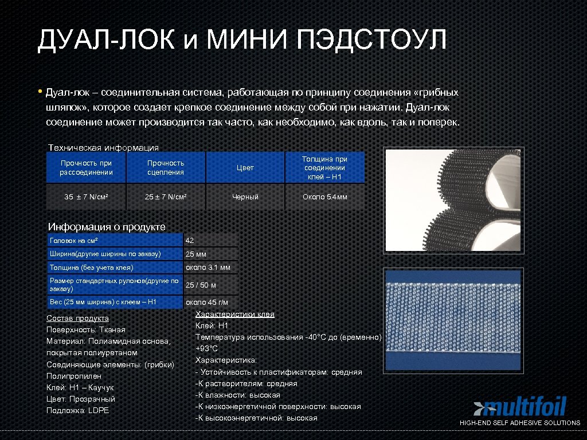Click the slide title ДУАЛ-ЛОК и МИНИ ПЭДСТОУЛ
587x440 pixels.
[x=241, y=40]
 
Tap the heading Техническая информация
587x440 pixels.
[x=103, y=147]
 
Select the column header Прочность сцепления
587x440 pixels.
[x=166, y=168]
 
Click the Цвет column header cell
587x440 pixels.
[x=245, y=168]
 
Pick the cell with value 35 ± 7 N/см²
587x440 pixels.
[x=87, y=197]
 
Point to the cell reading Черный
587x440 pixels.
[x=245, y=197]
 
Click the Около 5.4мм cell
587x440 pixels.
[x=325, y=197]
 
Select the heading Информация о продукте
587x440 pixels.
[x=107, y=227]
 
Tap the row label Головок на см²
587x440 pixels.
[x=75, y=240]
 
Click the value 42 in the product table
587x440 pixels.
[x=190, y=240]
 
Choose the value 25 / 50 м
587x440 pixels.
[x=201, y=285]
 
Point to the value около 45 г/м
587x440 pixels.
[x=206, y=302]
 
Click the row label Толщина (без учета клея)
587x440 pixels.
[x=92, y=268]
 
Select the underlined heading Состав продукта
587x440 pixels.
[x=77, y=318]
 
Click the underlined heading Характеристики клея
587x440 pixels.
[x=235, y=315]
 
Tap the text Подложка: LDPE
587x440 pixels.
[x=77, y=410]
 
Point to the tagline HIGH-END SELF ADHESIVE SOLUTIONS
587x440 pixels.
[x=520, y=423]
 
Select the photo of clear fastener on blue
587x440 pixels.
[x=454, y=319]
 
